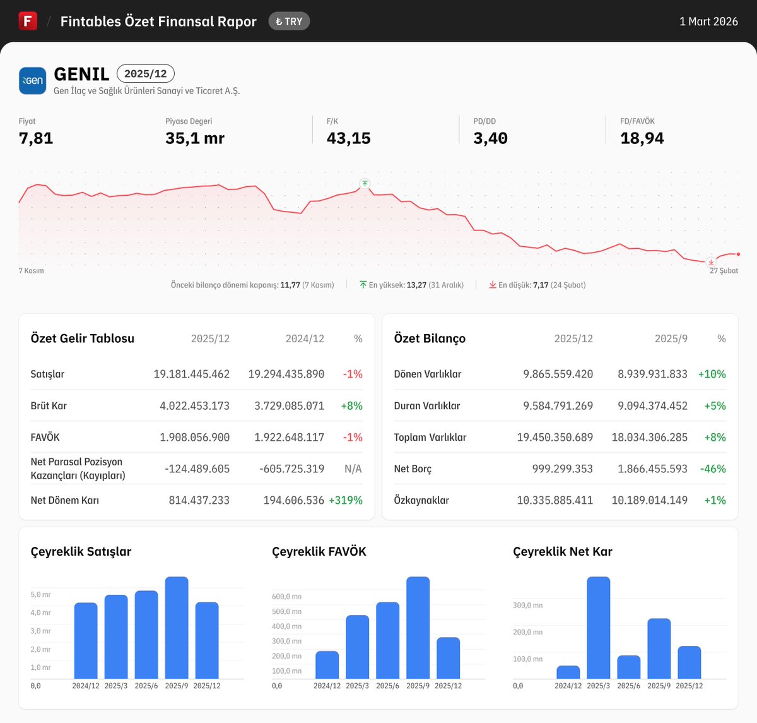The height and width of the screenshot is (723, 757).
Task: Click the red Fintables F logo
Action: click(28, 21)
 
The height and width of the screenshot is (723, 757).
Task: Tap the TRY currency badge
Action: click(289, 21)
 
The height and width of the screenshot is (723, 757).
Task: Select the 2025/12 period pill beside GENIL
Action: click(145, 74)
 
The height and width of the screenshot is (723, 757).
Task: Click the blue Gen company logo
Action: click(32, 81)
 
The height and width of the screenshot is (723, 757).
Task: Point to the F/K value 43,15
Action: click(348, 138)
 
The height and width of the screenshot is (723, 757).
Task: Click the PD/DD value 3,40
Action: click(490, 138)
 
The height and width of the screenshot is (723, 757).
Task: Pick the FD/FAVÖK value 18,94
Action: click(642, 138)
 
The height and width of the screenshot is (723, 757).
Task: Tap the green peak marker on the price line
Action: click(365, 184)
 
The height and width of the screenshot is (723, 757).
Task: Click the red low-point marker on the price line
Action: click(711, 262)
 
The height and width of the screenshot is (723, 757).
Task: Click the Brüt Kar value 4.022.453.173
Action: click(194, 405)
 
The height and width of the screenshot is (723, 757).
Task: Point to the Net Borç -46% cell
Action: click(713, 469)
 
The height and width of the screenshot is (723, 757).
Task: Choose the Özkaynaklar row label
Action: click(421, 500)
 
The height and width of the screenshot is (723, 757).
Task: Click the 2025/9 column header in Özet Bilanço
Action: click(671, 338)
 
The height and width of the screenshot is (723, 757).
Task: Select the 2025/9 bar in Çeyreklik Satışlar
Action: click(177, 628)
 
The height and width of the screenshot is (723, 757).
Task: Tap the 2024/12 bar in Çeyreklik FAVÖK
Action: click(327, 665)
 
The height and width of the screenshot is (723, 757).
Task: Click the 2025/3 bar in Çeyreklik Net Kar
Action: click(598, 628)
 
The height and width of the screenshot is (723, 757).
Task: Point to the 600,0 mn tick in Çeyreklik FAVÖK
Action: click(286, 596)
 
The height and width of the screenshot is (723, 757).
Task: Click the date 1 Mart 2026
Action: click(708, 21)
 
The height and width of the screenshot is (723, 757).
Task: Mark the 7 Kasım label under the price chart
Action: click(32, 270)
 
